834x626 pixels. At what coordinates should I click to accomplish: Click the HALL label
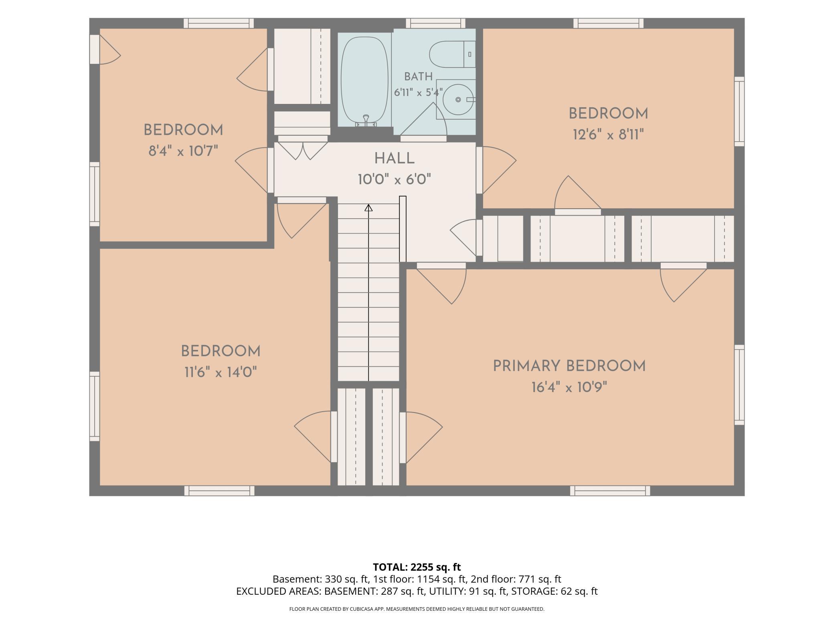click(x=395, y=159)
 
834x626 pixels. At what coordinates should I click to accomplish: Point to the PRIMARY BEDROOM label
click(x=569, y=366)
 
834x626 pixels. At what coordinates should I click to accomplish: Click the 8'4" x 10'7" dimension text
click(x=183, y=151)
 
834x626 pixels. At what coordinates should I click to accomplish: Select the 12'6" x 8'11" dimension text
click(x=608, y=134)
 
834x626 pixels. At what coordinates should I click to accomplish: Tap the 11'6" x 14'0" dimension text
click(x=221, y=373)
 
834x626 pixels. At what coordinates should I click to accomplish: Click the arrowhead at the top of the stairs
click(x=368, y=207)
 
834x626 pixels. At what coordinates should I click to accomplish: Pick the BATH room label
click(x=418, y=77)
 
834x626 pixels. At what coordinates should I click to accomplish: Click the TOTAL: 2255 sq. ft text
click(x=417, y=567)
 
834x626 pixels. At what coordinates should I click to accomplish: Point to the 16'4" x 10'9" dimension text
click(x=569, y=388)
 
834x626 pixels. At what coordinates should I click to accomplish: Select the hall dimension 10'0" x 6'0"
click(x=395, y=180)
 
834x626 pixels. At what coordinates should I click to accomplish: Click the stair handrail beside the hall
click(x=403, y=229)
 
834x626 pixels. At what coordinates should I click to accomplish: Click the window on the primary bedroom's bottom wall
click(x=610, y=491)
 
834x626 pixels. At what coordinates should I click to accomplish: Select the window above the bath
click(x=435, y=23)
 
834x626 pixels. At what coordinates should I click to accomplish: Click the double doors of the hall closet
click(x=303, y=148)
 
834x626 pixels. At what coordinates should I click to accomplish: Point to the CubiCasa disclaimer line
click(x=417, y=609)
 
